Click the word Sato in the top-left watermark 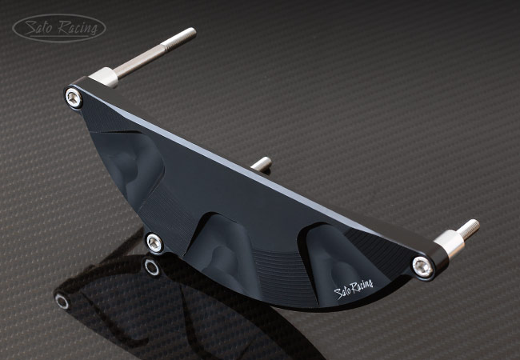pos(39,27)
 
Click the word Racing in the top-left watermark pos(78,27)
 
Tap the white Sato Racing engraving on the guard pos(354,289)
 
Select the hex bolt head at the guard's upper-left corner pos(74,98)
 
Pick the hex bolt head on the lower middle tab pos(154,243)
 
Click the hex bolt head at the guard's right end pos(423,266)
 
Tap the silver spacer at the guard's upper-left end pos(104,78)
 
